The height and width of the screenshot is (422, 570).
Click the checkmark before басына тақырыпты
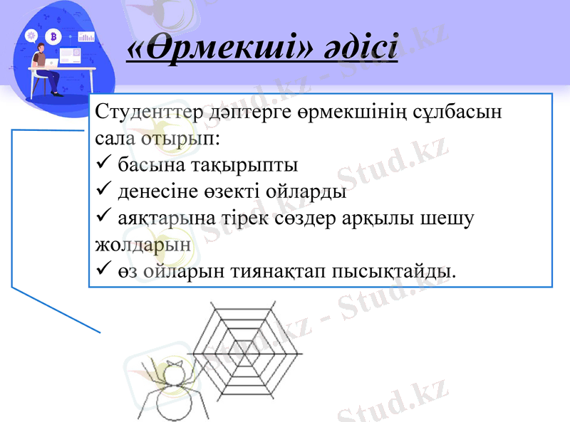coord(101,165)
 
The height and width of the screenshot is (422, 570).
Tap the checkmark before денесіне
coord(101,191)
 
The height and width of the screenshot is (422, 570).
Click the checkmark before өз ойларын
coord(101,271)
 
